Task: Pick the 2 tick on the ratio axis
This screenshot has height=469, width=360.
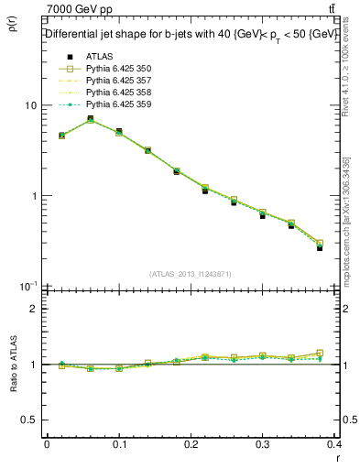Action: pos(33,309)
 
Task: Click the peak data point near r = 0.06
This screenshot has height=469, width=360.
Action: pos(90,119)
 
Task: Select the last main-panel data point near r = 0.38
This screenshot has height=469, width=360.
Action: pos(320,246)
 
